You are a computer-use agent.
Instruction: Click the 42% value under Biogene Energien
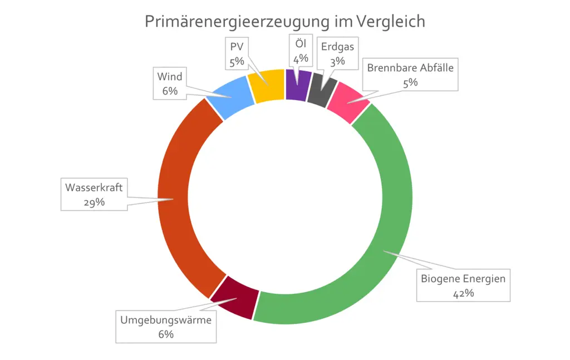pyautogui.click(x=463, y=293)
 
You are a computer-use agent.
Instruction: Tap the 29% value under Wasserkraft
pyautogui.click(x=94, y=201)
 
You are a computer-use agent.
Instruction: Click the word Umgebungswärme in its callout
pyautogui.click(x=166, y=320)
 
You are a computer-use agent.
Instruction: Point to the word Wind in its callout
pyautogui.click(x=170, y=77)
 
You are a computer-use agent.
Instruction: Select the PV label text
pyautogui.click(x=237, y=46)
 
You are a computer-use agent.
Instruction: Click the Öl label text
pyautogui.click(x=301, y=43)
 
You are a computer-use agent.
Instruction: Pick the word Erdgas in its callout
pyautogui.click(x=337, y=47)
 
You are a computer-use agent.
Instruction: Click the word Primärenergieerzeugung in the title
pyautogui.click(x=235, y=21)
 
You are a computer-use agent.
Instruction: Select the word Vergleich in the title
pyautogui.click(x=392, y=21)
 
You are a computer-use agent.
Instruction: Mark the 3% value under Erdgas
pyautogui.click(x=337, y=61)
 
